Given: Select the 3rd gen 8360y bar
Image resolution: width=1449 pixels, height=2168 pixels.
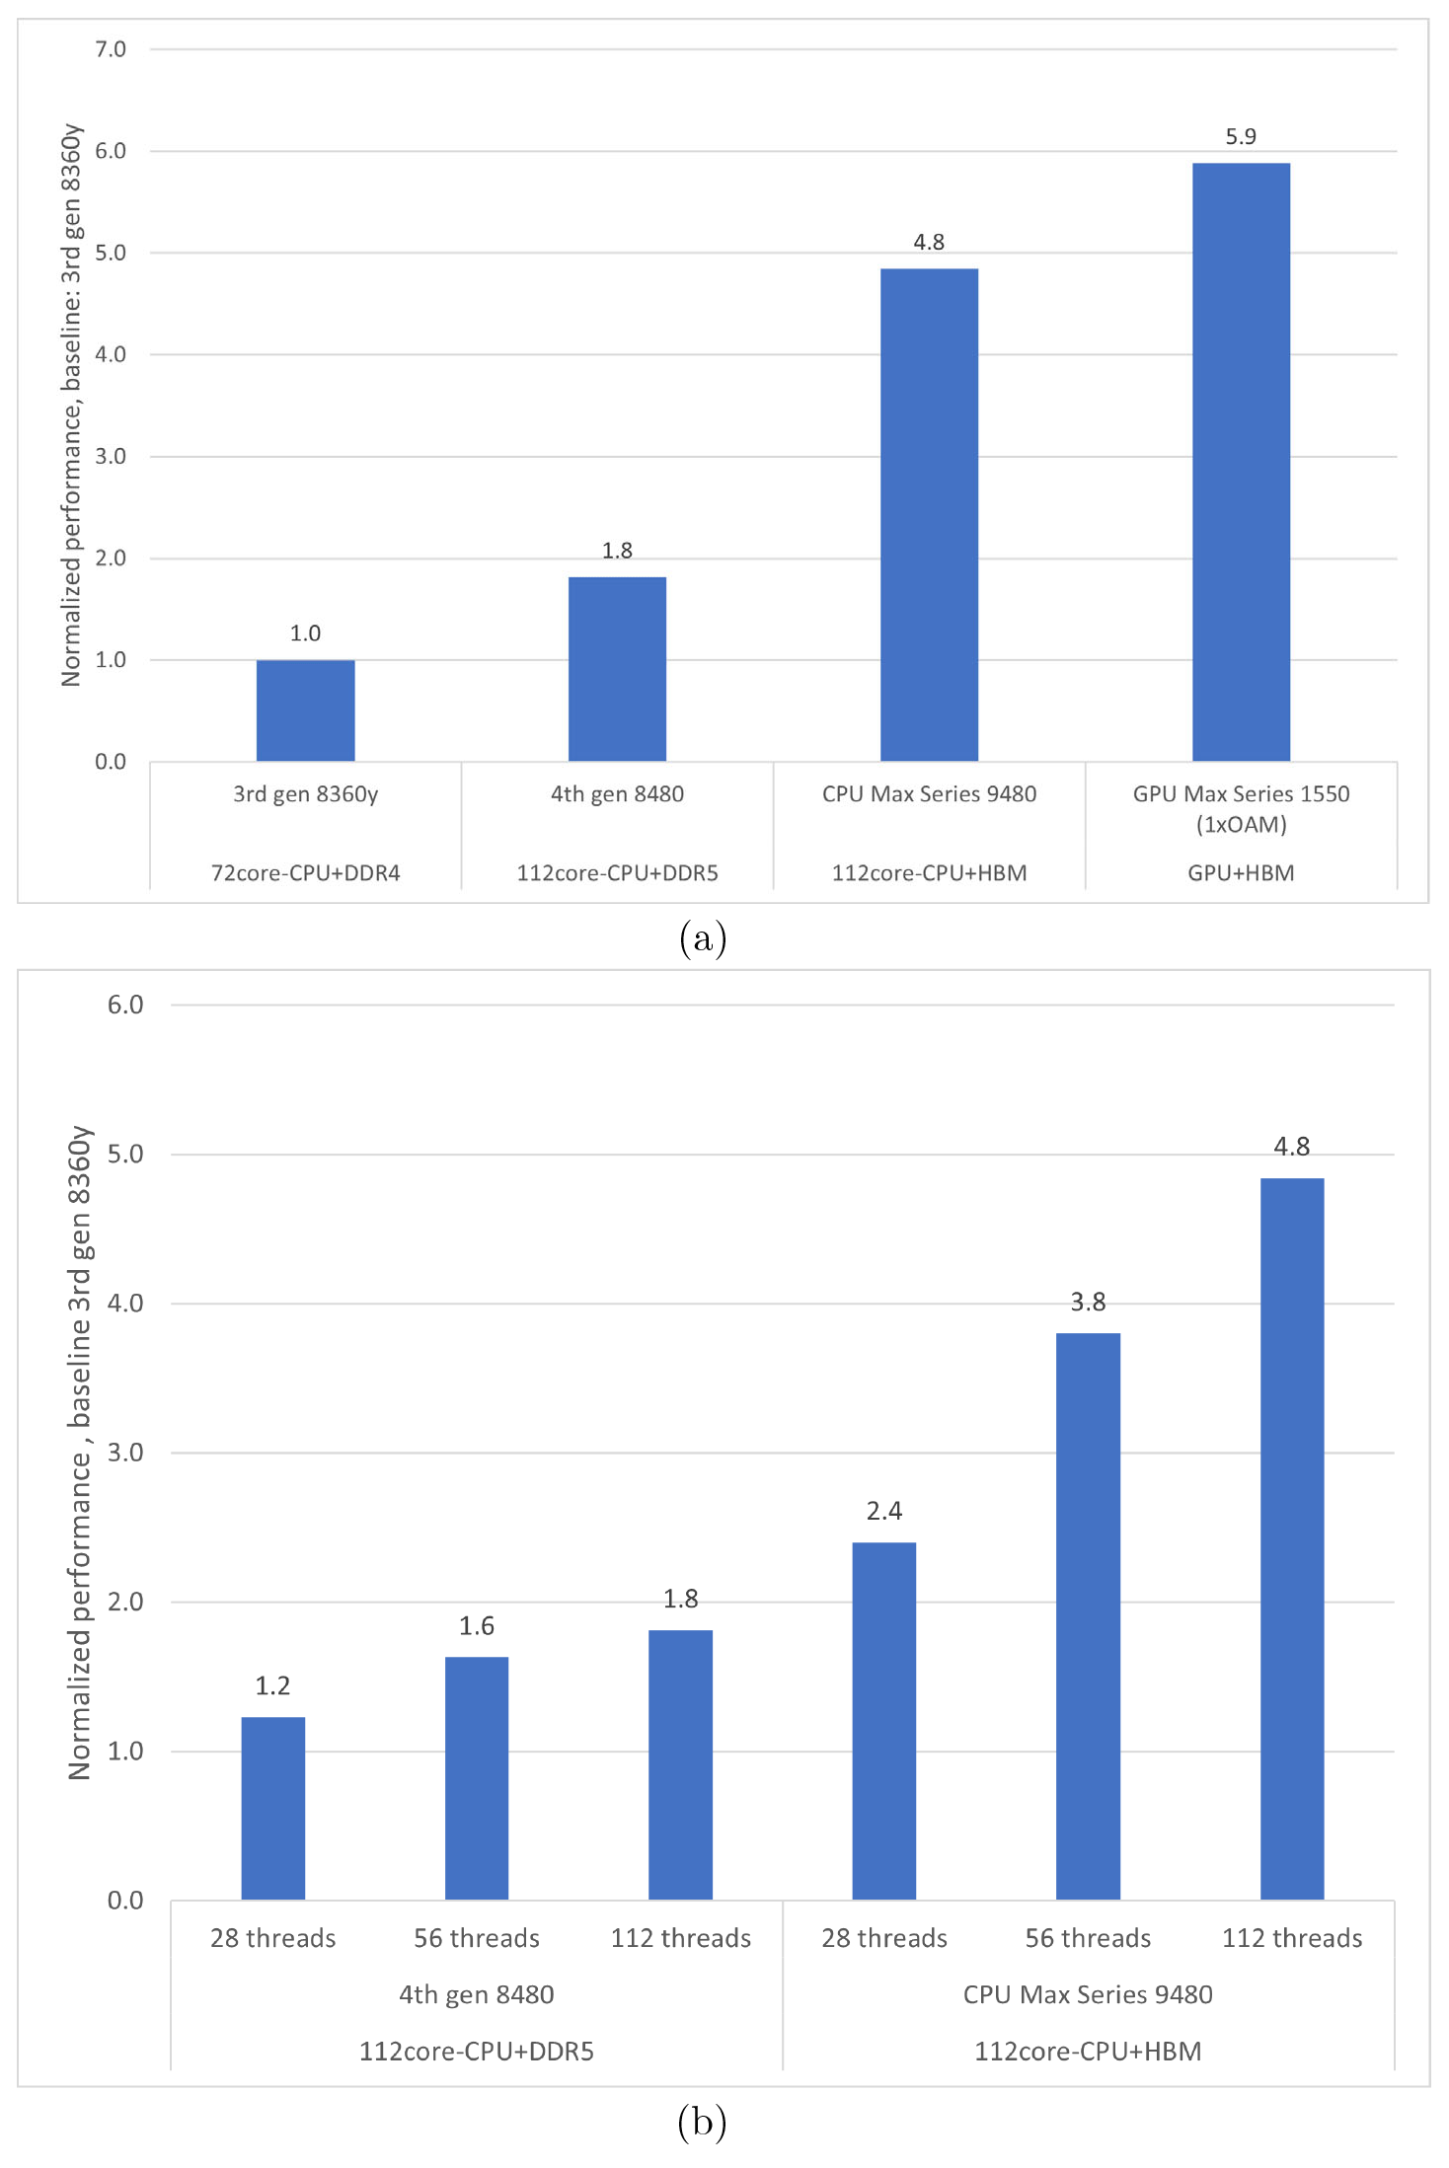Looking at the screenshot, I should [x=305, y=710].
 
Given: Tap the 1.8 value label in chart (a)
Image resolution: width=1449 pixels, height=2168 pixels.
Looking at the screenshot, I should [x=617, y=551].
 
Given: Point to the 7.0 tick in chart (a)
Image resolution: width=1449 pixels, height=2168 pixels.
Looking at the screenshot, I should [x=111, y=49].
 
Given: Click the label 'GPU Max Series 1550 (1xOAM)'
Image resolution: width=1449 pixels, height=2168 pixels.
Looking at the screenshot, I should [x=1241, y=808].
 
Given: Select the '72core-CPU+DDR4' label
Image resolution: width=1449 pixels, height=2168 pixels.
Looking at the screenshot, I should [x=305, y=873].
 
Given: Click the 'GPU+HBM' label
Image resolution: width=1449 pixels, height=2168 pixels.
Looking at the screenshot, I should [x=1241, y=873].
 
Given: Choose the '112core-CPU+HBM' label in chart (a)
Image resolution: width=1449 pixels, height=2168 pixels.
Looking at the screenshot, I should [x=929, y=873].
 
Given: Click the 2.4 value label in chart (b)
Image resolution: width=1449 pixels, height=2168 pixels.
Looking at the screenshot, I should [x=884, y=1511].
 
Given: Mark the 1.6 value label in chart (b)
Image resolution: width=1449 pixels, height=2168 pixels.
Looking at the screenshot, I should [x=477, y=1625].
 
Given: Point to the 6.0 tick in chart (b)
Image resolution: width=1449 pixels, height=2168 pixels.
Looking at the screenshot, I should [x=125, y=1005].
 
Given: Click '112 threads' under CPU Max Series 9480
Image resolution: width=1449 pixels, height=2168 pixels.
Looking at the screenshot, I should [x=1292, y=1938].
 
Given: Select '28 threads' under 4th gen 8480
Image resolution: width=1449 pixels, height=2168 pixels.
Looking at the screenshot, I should [x=273, y=1938].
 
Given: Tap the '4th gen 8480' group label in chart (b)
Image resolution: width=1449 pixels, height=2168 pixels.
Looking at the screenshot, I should [x=477, y=1994].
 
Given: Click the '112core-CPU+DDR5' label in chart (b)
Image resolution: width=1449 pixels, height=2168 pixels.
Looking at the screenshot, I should [x=477, y=2052].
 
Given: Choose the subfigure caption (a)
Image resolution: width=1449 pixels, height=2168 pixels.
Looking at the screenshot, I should [x=703, y=937].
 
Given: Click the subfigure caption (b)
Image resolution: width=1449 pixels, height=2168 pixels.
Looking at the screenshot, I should [x=703, y=2122].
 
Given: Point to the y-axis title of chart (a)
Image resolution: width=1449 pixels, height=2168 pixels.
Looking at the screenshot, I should [x=71, y=405].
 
